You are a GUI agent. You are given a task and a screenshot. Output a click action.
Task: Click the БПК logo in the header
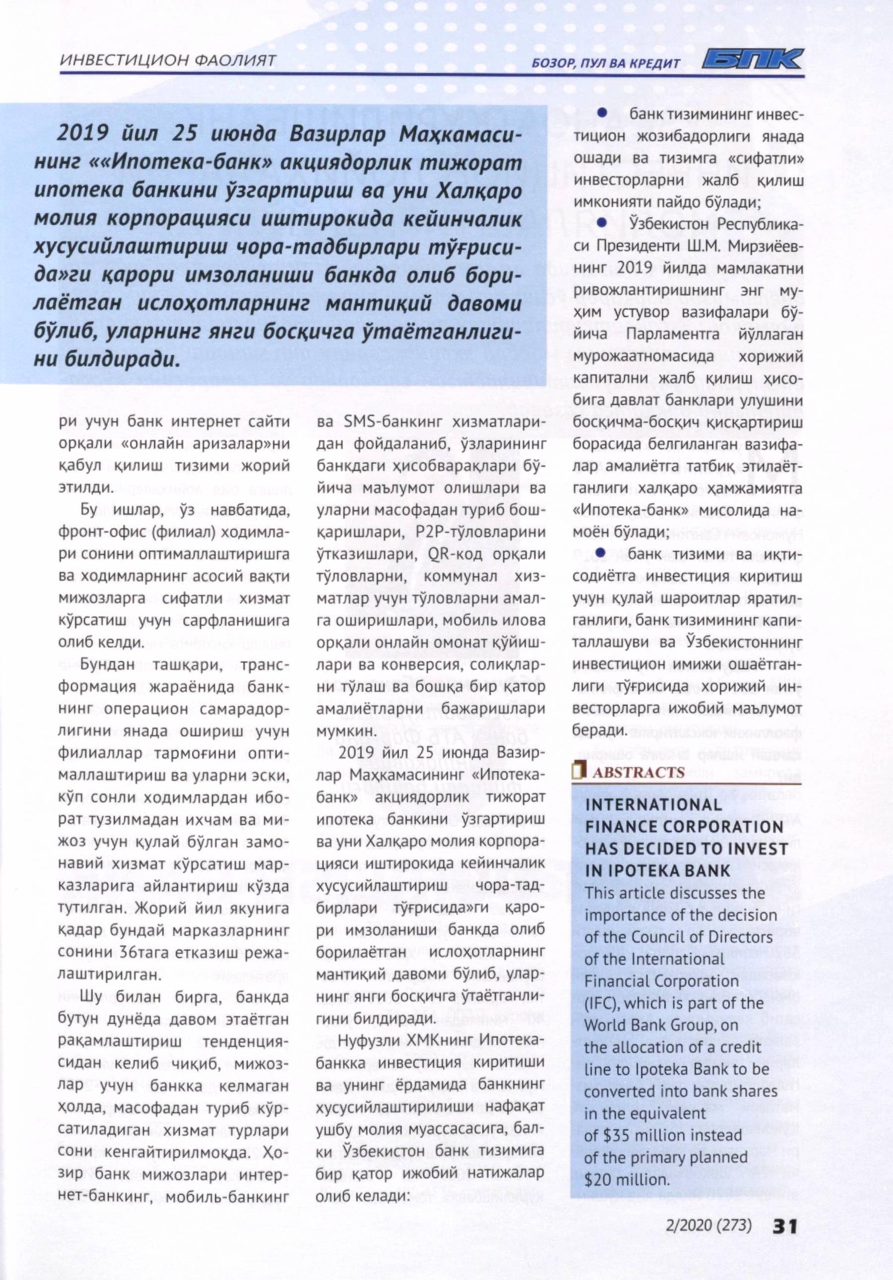pyautogui.click(x=752, y=60)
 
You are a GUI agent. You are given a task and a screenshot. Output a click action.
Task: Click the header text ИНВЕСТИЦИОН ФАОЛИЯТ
pyautogui.click(x=167, y=60)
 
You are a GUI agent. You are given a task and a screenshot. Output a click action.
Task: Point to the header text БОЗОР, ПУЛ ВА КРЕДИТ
pyautogui.click(x=607, y=63)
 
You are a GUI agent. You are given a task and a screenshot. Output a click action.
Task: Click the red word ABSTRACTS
pyautogui.click(x=638, y=772)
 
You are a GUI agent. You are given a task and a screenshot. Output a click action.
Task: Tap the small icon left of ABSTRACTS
pyautogui.click(x=579, y=771)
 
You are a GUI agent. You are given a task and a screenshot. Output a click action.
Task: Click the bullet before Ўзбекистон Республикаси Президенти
pyautogui.click(x=602, y=223)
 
